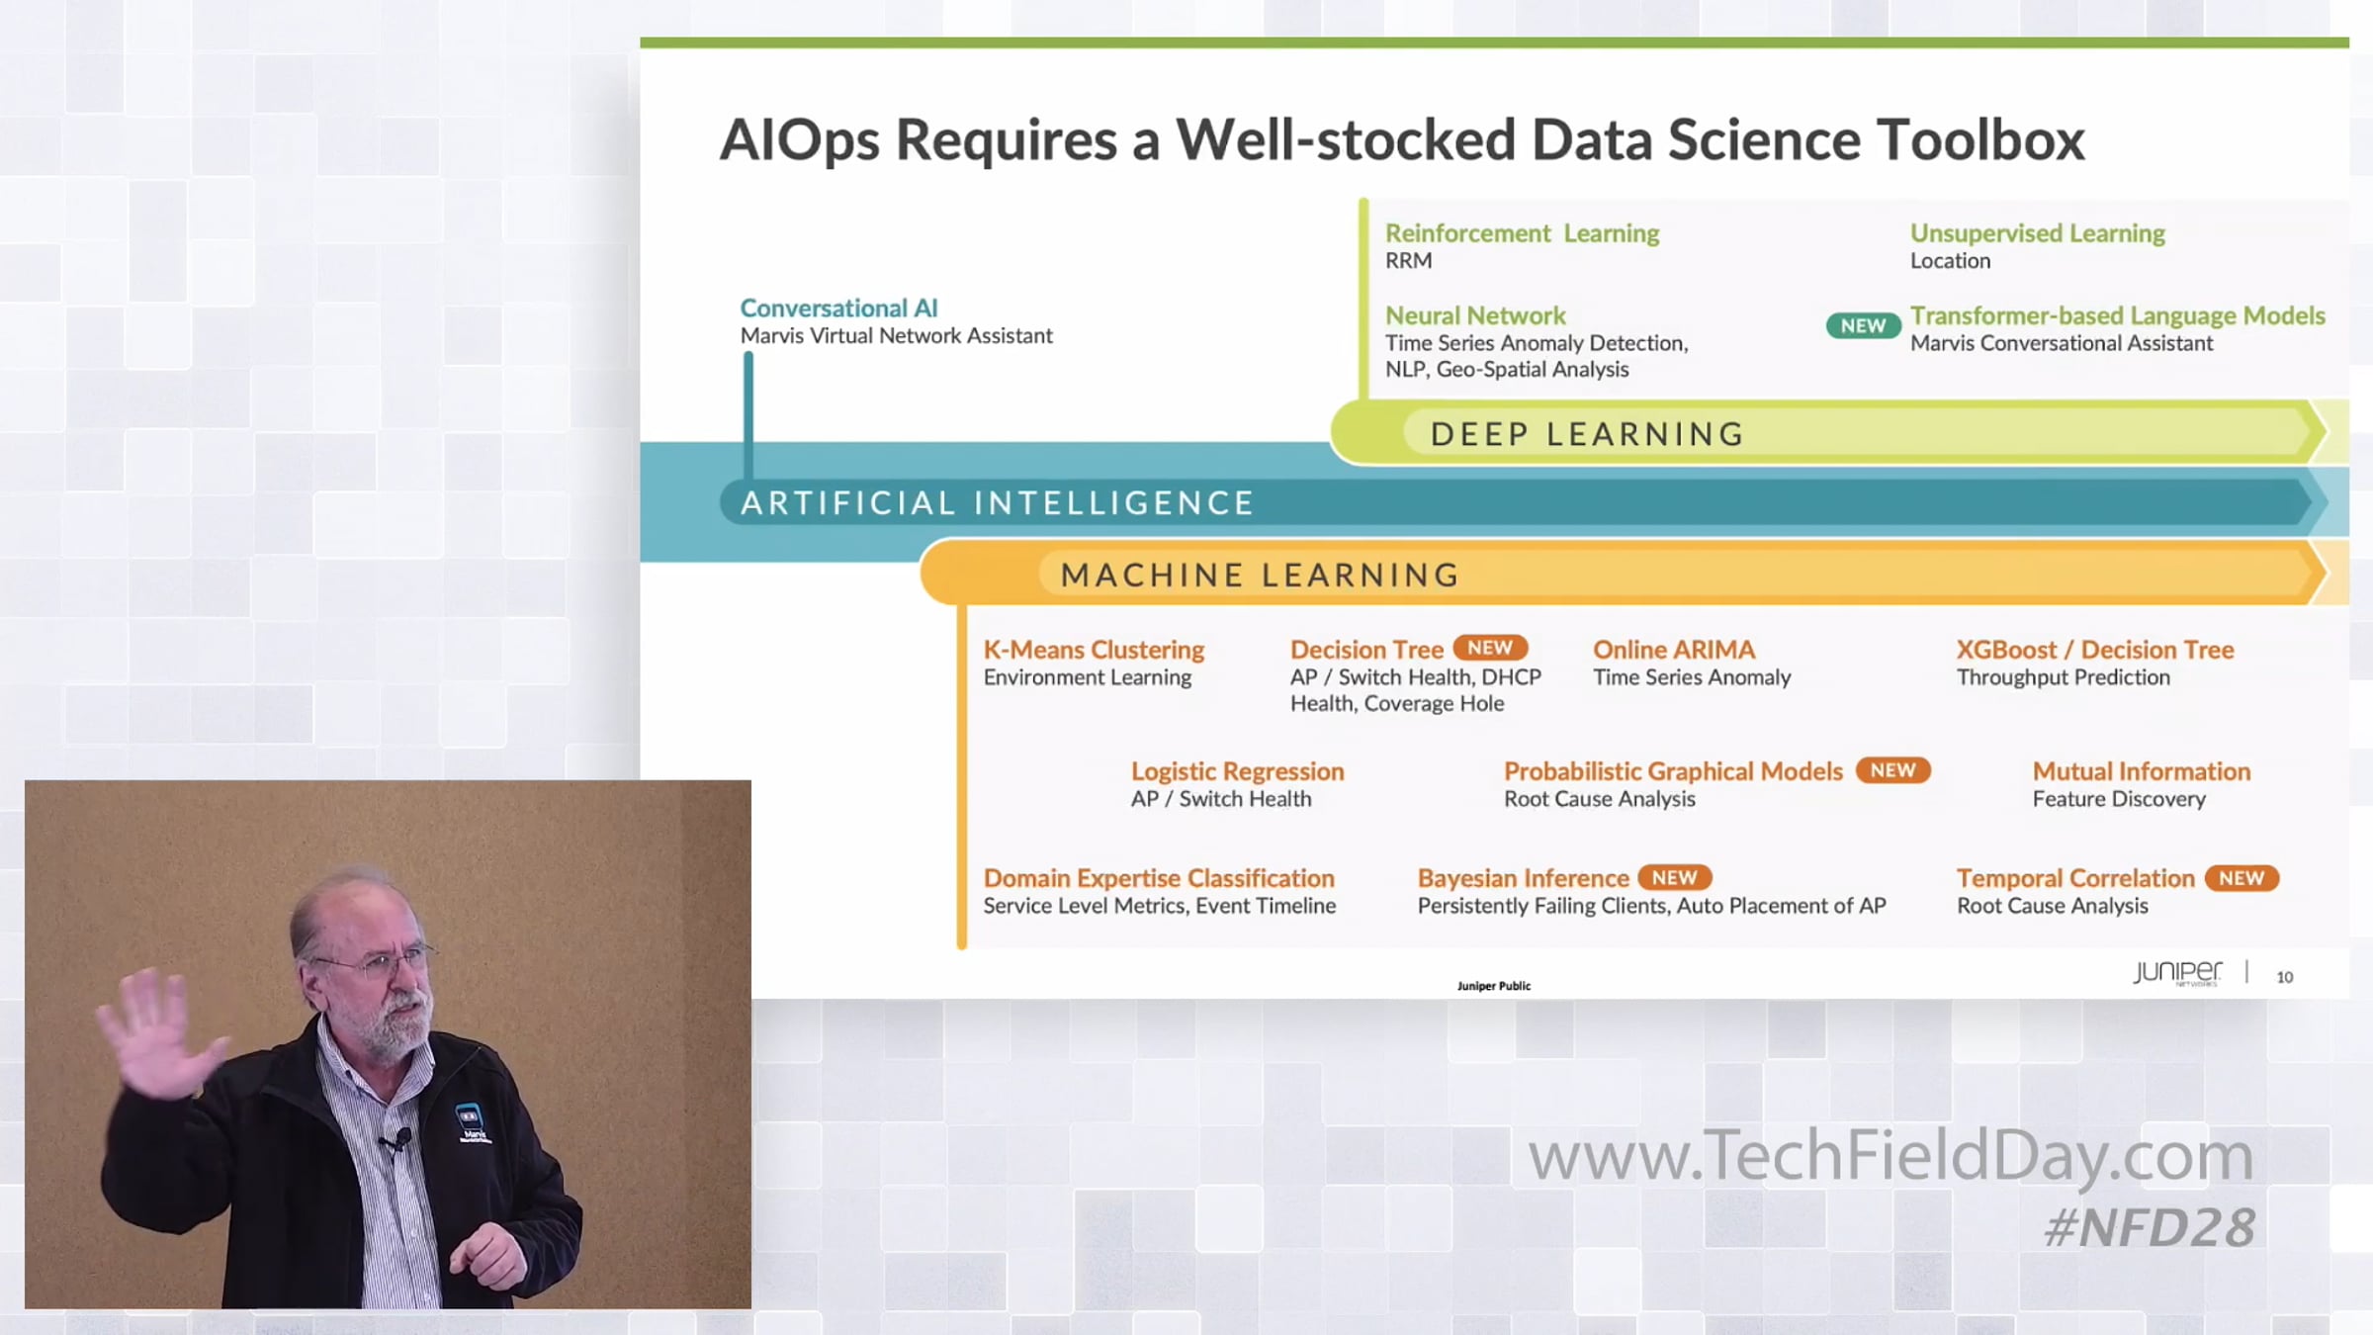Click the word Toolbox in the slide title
point(1980,139)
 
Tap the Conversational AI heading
point(838,309)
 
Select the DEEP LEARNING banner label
point(1588,434)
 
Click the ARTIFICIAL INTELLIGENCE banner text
point(998,503)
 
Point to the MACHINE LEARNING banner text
point(1261,575)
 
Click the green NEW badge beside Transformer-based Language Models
point(1863,325)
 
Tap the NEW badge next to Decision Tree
point(1490,648)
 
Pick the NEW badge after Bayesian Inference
point(1674,877)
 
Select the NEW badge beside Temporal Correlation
point(2241,877)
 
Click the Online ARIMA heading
point(1674,650)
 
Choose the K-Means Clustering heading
point(1094,650)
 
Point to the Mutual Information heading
point(2142,771)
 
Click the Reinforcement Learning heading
point(1522,233)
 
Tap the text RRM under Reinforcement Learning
point(1408,261)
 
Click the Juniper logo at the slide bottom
point(2176,972)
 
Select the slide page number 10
point(2284,977)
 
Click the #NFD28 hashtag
point(2149,1228)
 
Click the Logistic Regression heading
point(1237,771)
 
